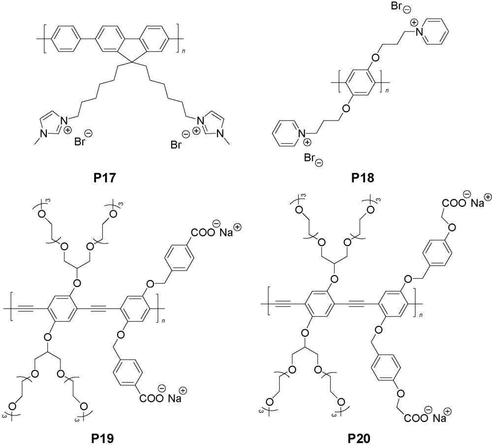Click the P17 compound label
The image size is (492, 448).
tap(105, 178)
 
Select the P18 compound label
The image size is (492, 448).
tap(363, 178)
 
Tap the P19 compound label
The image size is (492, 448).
tap(103, 438)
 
